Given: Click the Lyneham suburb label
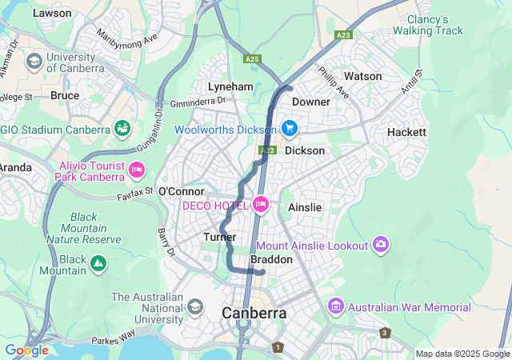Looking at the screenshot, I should click(230, 86).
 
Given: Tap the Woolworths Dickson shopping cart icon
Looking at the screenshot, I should click(289, 128).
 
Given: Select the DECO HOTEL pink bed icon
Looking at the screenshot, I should click(260, 206).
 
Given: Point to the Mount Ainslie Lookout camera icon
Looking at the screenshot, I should click(381, 245).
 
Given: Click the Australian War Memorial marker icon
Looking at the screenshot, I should click(335, 307).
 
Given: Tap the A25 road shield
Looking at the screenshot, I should click(253, 59).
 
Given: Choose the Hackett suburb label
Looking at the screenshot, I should click(406, 132).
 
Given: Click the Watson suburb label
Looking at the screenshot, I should click(362, 76).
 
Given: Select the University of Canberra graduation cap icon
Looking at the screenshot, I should click(34, 62).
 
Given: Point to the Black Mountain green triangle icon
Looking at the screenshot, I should click(98, 262).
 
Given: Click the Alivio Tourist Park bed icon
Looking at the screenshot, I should click(136, 169).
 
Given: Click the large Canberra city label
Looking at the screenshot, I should click(254, 313).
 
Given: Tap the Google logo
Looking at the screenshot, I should click(26, 350).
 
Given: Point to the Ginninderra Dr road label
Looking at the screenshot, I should click(198, 102).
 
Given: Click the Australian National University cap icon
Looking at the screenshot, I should click(195, 306).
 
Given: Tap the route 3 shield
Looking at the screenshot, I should click(385, 333).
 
